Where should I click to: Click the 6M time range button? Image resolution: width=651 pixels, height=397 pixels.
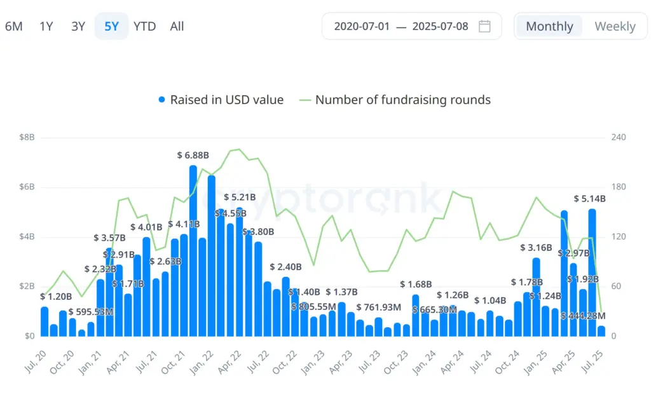point(13,26)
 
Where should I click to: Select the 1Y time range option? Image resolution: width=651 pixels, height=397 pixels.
point(46,26)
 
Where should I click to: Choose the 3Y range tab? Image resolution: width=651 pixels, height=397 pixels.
point(78,26)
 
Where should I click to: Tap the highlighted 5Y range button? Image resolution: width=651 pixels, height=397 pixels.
point(111,26)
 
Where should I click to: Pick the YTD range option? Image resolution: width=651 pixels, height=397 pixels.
point(144,26)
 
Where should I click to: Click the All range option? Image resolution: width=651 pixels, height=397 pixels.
point(177,26)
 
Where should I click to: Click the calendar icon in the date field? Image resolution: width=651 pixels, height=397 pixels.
point(484,26)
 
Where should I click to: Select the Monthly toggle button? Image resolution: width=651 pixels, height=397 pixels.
point(549,26)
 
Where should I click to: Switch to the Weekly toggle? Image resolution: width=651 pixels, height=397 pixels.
point(615,26)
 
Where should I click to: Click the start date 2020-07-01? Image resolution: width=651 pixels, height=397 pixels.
point(361,26)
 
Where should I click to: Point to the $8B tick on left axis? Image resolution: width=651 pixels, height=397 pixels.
point(27,137)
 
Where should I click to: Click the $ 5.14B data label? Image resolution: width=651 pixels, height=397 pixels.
point(589,198)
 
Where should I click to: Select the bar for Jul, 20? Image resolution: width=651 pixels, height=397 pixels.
point(45,321)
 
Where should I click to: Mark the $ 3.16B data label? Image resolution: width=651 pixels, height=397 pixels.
point(536,248)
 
